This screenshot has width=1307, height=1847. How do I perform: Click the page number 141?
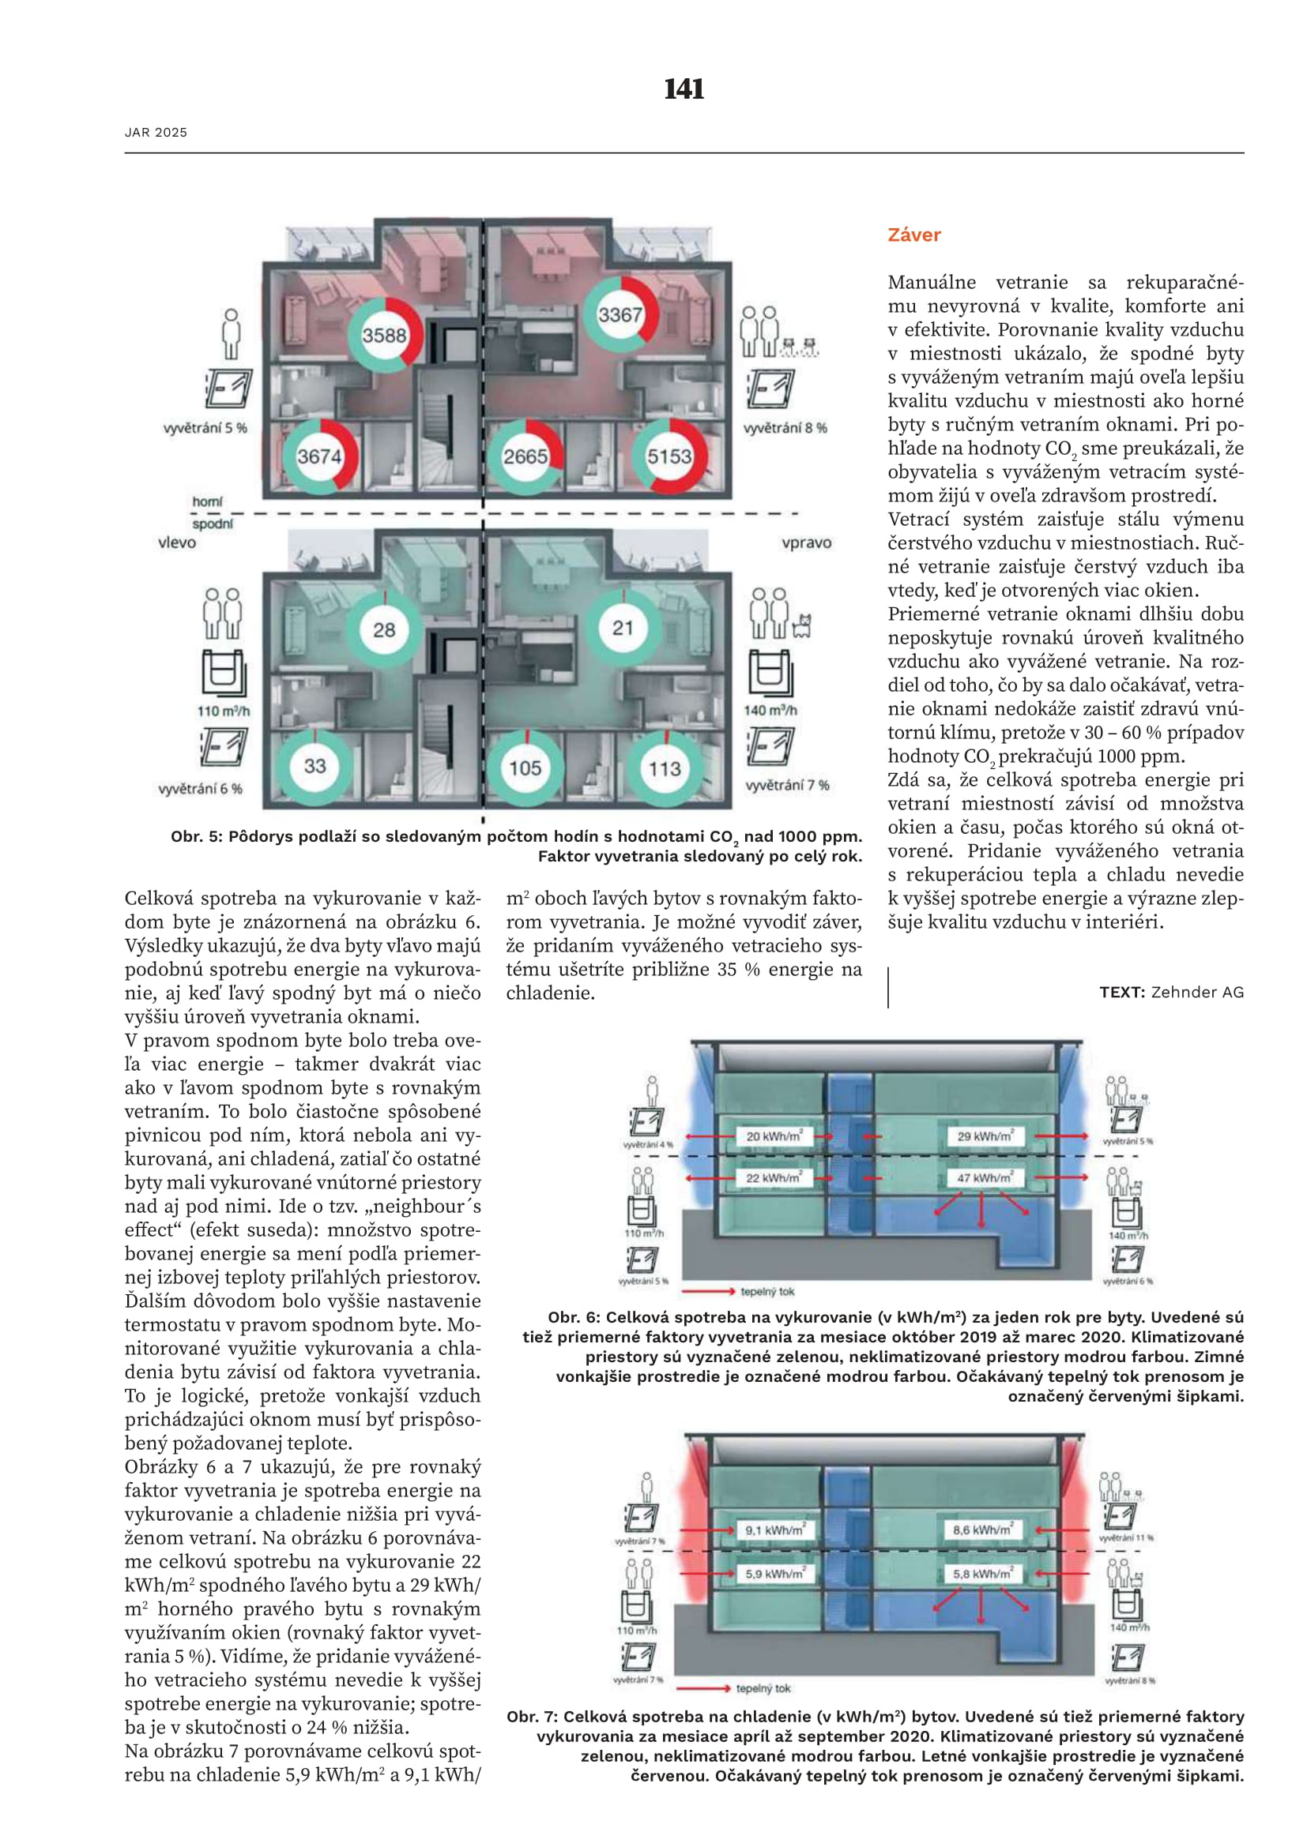684,88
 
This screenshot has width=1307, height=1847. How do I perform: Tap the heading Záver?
914,235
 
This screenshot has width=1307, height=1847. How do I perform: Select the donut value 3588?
384,336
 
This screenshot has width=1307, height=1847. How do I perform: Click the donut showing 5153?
669,457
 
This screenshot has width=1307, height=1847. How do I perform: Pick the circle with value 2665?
525,457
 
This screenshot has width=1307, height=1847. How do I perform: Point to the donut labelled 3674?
319,457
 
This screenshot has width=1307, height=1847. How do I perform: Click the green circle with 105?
525,768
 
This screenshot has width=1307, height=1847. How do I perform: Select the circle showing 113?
665,768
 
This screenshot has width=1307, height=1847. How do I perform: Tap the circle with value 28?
384,630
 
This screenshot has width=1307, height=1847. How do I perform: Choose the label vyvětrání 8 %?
785,428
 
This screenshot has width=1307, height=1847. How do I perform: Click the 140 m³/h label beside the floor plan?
770,711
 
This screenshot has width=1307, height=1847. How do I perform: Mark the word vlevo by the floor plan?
177,543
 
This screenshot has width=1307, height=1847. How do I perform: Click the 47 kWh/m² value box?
985,1177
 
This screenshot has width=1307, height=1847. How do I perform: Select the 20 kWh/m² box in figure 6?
774,1136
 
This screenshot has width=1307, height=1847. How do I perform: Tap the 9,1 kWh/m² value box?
774,1530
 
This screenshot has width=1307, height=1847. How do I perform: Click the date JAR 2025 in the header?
156,133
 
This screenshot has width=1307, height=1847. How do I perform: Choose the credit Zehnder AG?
1196,992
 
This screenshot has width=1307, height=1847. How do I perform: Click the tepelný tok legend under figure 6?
767,1291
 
